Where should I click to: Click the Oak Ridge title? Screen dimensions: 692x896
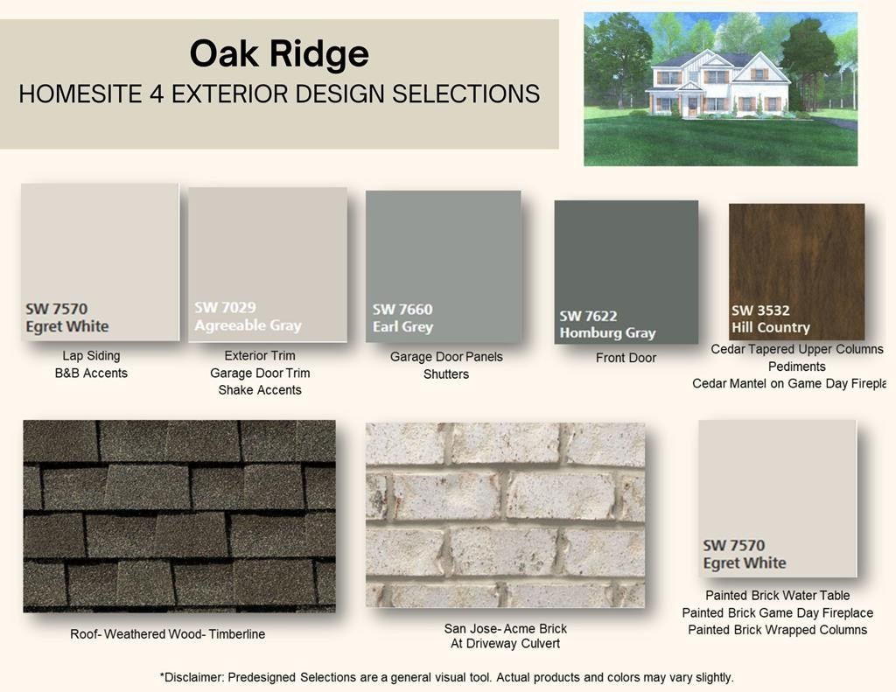point(279,54)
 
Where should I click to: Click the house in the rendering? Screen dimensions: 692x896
point(717,86)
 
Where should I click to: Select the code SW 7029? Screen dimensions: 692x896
point(225,307)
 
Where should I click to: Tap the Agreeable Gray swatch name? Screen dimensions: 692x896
point(248,325)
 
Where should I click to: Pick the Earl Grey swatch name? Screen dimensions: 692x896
point(402,327)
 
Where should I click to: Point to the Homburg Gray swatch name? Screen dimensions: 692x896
point(607,332)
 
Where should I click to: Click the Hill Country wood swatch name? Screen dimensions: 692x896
point(771,327)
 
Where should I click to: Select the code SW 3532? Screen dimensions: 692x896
point(760,310)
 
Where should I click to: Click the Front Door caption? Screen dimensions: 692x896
point(626,358)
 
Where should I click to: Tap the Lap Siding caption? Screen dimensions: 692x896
point(91,356)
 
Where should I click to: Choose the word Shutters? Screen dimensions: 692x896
point(446,374)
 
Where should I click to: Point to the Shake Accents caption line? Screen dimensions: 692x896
point(260,390)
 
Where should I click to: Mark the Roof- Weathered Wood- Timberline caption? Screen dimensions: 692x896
point(167,634)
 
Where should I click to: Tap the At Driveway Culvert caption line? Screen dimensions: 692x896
point(505,645)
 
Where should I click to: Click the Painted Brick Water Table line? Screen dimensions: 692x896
point(777,596)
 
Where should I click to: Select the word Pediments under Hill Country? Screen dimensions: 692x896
point(796,367)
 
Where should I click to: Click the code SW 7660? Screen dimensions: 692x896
point(402,309)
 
